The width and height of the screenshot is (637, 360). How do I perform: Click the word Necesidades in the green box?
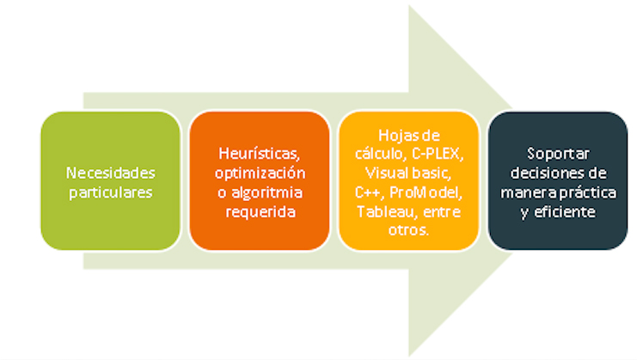(x=111, y=174)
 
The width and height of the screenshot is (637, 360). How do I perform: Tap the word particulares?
(x=111, y=192)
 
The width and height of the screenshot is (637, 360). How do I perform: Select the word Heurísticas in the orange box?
(x=260, y=154)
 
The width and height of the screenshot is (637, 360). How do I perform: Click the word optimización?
(x=260, y=174)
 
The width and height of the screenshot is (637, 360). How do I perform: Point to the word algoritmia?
(x=266, y=192)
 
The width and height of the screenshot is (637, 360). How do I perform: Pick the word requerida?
(x=260, y=212)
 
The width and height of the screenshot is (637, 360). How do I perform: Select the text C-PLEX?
(x=438, y=155)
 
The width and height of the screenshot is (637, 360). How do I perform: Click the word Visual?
(x=385, y=174)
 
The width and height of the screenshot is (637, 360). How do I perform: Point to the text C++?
(x=370, y=192)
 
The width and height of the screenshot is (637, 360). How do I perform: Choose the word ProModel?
(x=426, y=192)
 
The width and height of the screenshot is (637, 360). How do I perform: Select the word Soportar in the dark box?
(x=558, y=155)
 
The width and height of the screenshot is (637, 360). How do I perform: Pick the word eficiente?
(x=565, y=212)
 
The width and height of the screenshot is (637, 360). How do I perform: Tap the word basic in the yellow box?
(x=430, y=174)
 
